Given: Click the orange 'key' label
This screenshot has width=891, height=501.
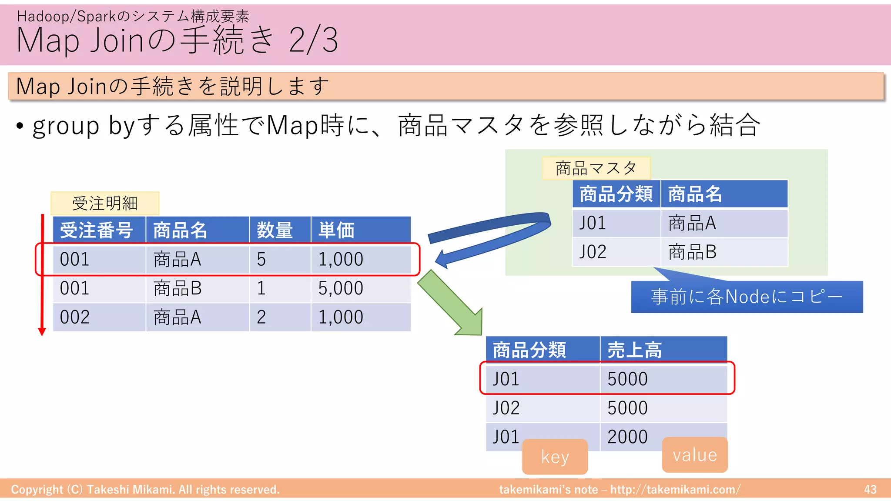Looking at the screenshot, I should point(555,457).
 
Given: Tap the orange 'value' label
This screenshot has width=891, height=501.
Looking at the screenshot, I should point(694,455).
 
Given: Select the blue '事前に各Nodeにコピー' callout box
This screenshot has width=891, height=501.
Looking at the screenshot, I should point(747,297).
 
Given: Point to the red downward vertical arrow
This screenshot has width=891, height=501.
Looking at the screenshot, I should point(42,274).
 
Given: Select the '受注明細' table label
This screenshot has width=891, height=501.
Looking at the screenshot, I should point(105,203).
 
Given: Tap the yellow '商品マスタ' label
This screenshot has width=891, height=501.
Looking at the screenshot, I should point(596,168).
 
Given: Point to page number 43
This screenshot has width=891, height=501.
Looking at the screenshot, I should point(870,490).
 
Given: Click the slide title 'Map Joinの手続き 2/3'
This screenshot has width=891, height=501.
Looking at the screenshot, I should point(177,40).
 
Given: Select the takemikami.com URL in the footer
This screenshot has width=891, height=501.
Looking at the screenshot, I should point(675,490).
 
